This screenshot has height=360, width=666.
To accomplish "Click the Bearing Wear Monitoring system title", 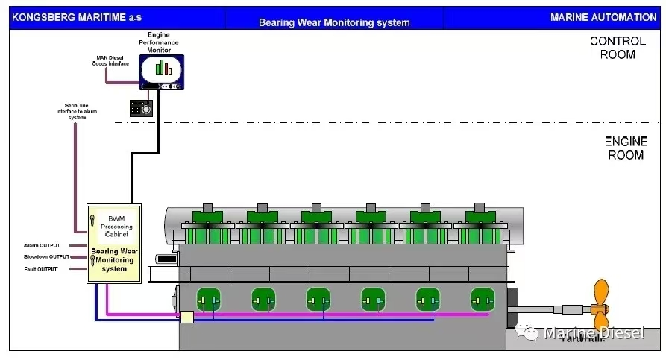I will [334, 22].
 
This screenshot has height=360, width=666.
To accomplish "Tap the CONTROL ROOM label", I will [618, 48].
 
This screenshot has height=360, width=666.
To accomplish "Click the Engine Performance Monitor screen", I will [162, 68].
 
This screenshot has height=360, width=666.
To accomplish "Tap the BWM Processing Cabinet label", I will [116, 224].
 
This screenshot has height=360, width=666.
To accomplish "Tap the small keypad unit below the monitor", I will [141, 107].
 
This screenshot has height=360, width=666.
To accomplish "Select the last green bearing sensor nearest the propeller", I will [483, 300].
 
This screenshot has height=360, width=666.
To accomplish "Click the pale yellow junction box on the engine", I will [186, 318].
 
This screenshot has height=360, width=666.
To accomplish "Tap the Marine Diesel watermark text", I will [593, 332].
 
